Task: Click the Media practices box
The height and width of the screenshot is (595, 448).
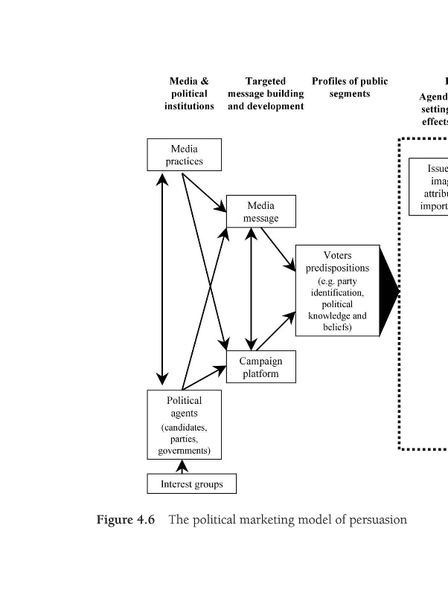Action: click(184, 155)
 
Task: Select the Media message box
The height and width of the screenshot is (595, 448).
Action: click(260, 211)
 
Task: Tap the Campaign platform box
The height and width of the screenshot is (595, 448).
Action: click(260, 367)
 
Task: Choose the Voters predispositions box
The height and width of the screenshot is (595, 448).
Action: click(337, 291)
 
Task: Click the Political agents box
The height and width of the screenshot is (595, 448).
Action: click(184, 424)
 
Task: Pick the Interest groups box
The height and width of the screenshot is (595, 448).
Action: click(191, 483)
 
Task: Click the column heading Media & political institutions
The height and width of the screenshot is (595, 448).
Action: click(189, 94)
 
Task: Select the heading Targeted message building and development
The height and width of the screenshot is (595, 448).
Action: click(266, 94)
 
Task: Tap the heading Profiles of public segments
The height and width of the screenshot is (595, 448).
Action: click(350, 88)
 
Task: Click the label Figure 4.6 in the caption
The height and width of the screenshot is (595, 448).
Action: click(126, 520)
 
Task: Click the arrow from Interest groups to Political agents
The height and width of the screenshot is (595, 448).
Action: click(181, 466)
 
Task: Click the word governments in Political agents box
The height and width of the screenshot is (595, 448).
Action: click(184, 451)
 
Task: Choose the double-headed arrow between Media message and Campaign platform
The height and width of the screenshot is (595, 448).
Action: click(252, 289)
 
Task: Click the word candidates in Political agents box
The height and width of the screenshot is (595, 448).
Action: click(184, 428)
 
